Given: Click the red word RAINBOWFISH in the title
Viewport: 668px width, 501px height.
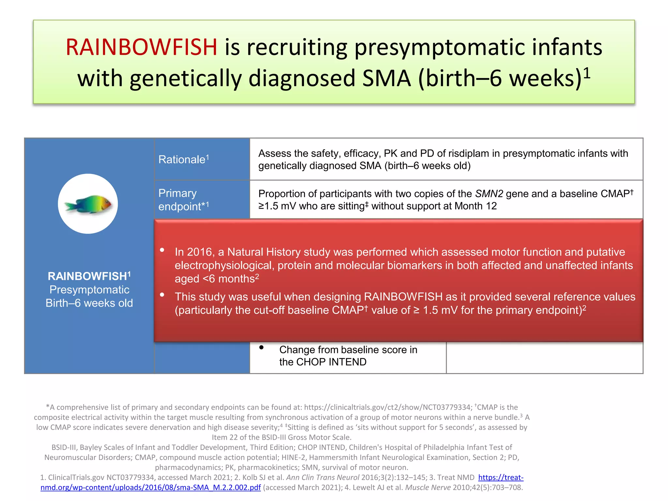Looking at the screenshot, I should tap(141, 47).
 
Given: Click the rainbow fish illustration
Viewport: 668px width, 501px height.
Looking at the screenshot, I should tap(88, 204).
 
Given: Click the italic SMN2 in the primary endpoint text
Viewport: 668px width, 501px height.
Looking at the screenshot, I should tap(489, 194).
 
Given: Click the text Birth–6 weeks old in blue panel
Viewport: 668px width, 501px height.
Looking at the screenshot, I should tap(89, 303).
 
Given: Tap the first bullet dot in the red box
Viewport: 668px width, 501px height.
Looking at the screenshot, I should tap(162, 250).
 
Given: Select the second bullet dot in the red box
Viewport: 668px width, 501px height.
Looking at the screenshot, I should tap(162, 295).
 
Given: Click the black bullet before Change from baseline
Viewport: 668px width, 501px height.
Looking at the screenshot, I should tap(261, 348).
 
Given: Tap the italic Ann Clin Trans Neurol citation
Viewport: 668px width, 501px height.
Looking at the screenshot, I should tap(323, 478).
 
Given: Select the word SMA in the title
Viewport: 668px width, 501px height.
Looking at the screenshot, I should tap(387, 79).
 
